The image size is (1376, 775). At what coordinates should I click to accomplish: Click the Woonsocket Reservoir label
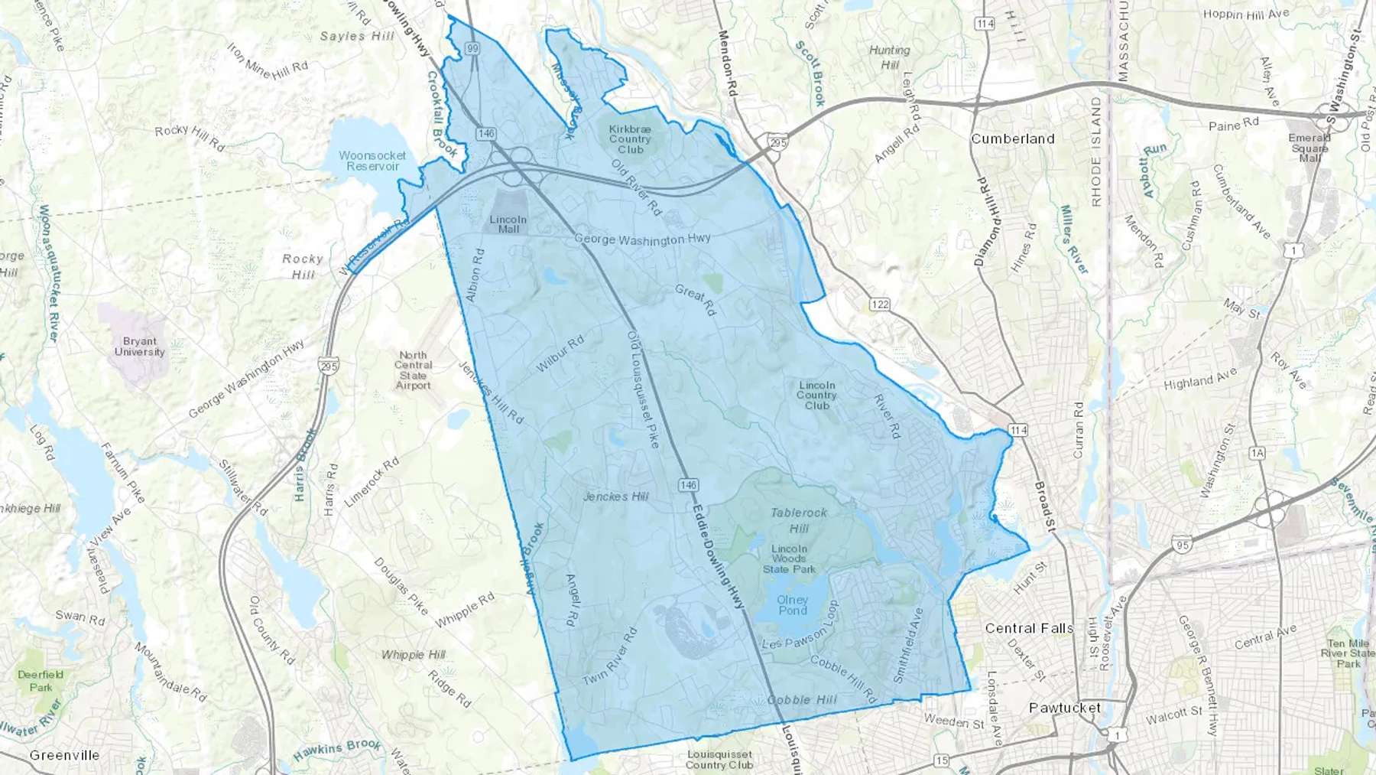372,161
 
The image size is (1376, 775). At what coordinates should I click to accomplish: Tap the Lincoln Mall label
508,224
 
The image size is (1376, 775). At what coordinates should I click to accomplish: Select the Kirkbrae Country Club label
630,139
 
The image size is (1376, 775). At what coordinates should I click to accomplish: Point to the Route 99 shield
472,48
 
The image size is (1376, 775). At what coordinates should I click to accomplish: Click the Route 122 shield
879,304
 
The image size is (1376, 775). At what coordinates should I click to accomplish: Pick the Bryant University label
140,347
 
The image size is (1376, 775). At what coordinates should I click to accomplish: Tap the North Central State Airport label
413,370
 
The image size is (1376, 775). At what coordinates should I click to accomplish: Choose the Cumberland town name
1012,138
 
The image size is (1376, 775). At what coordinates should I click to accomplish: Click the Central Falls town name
1028,628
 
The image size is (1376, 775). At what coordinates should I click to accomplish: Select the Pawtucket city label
1065,708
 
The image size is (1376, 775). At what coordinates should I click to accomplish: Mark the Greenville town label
64,755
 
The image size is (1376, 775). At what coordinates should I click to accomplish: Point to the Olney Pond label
792,605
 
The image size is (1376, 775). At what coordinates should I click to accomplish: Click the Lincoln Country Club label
816,396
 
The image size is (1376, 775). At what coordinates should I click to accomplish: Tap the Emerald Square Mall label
1309,148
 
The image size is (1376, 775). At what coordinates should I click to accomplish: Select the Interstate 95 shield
1180,545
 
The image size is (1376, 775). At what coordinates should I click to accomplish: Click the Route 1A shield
1257,454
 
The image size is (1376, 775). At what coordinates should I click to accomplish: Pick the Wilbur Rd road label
560,354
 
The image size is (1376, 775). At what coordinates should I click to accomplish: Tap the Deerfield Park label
41,680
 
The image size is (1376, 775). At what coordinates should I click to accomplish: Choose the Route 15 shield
940,760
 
